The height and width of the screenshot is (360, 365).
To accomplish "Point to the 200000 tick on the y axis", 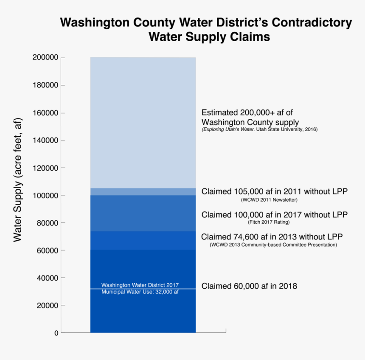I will pyautogui.click(x=45, y=58).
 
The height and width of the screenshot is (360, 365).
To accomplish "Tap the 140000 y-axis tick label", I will pyautogui.click(x=45, y=141).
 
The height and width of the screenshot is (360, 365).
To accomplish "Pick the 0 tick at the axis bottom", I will pyautogui.click(x=56, y=333).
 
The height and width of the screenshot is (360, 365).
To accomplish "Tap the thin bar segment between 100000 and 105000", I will pyautogui.click(x=143, y=191).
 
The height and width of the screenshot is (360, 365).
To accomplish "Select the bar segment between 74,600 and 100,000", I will pyautogui.click(x=143, y=213).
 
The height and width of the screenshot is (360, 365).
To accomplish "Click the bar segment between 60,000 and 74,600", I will pyautogui.click(x=143, y=240).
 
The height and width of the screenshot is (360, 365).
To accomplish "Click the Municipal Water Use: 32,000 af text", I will pyautogui.click(x=140, y=292).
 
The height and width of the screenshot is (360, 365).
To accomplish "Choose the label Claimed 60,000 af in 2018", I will pyautogui.click(x=249, y=286).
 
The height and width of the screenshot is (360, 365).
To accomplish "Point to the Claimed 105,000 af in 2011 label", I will pyautogui.click(x=274, y=191).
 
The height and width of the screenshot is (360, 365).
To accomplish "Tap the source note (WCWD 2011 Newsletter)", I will pyautogui.click(x=269, y=200).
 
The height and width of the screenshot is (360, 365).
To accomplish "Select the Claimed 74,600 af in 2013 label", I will pyautogui.click(x=272, y=237).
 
